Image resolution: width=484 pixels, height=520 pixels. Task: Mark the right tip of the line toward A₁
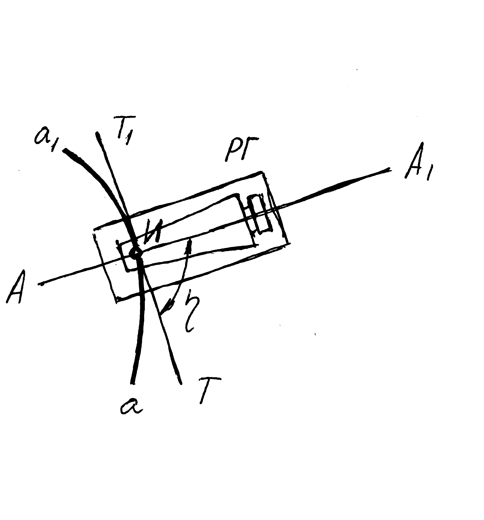391,170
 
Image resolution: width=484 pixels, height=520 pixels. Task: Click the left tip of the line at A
39,284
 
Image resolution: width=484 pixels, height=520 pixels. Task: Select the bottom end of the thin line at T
181,383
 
